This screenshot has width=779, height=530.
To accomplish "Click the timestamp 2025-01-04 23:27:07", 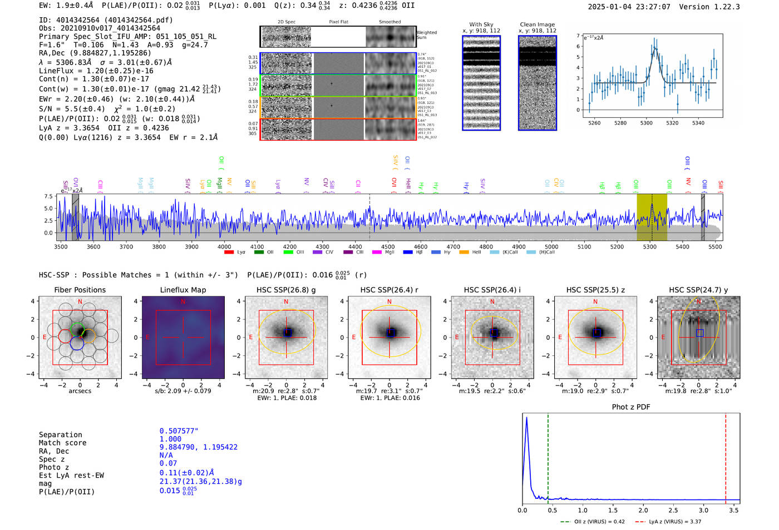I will coord(629,7).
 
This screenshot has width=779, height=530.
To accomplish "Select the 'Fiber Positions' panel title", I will coord(80,290).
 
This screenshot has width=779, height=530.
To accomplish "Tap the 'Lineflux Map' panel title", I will coord(183,290).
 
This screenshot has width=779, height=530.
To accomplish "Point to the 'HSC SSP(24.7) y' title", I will coord(698,290).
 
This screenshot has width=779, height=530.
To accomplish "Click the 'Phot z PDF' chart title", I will coord(631,407).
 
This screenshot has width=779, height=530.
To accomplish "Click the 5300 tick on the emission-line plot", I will coord(646,123).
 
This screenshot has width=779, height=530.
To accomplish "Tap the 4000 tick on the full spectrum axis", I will coord(224,246).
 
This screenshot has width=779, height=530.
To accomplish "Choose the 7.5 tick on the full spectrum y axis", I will coord(48,196).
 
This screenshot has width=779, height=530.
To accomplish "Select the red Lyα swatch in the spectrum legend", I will coord(229,252).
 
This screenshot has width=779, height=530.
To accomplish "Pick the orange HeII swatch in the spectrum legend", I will coord(464,252).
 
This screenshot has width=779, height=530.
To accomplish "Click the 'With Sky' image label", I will coord(481,24).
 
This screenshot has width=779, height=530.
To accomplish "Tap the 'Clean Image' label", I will coord(537,24).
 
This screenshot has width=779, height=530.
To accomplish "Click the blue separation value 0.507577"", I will coord(179,431).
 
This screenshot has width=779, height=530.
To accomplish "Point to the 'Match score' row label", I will coord(62,443).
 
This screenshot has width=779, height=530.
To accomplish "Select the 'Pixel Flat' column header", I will coord(338,22).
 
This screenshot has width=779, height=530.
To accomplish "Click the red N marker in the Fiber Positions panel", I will coord(80,302).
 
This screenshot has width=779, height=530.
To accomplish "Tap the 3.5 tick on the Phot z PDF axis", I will coord(734,510).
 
